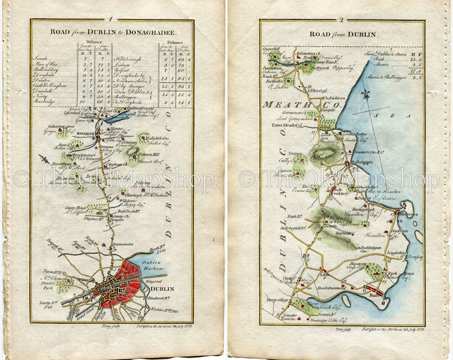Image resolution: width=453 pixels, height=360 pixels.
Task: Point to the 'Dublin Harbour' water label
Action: tap(154, 266)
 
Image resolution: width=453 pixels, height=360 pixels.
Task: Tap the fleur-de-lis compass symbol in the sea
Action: tap(365, 95)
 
